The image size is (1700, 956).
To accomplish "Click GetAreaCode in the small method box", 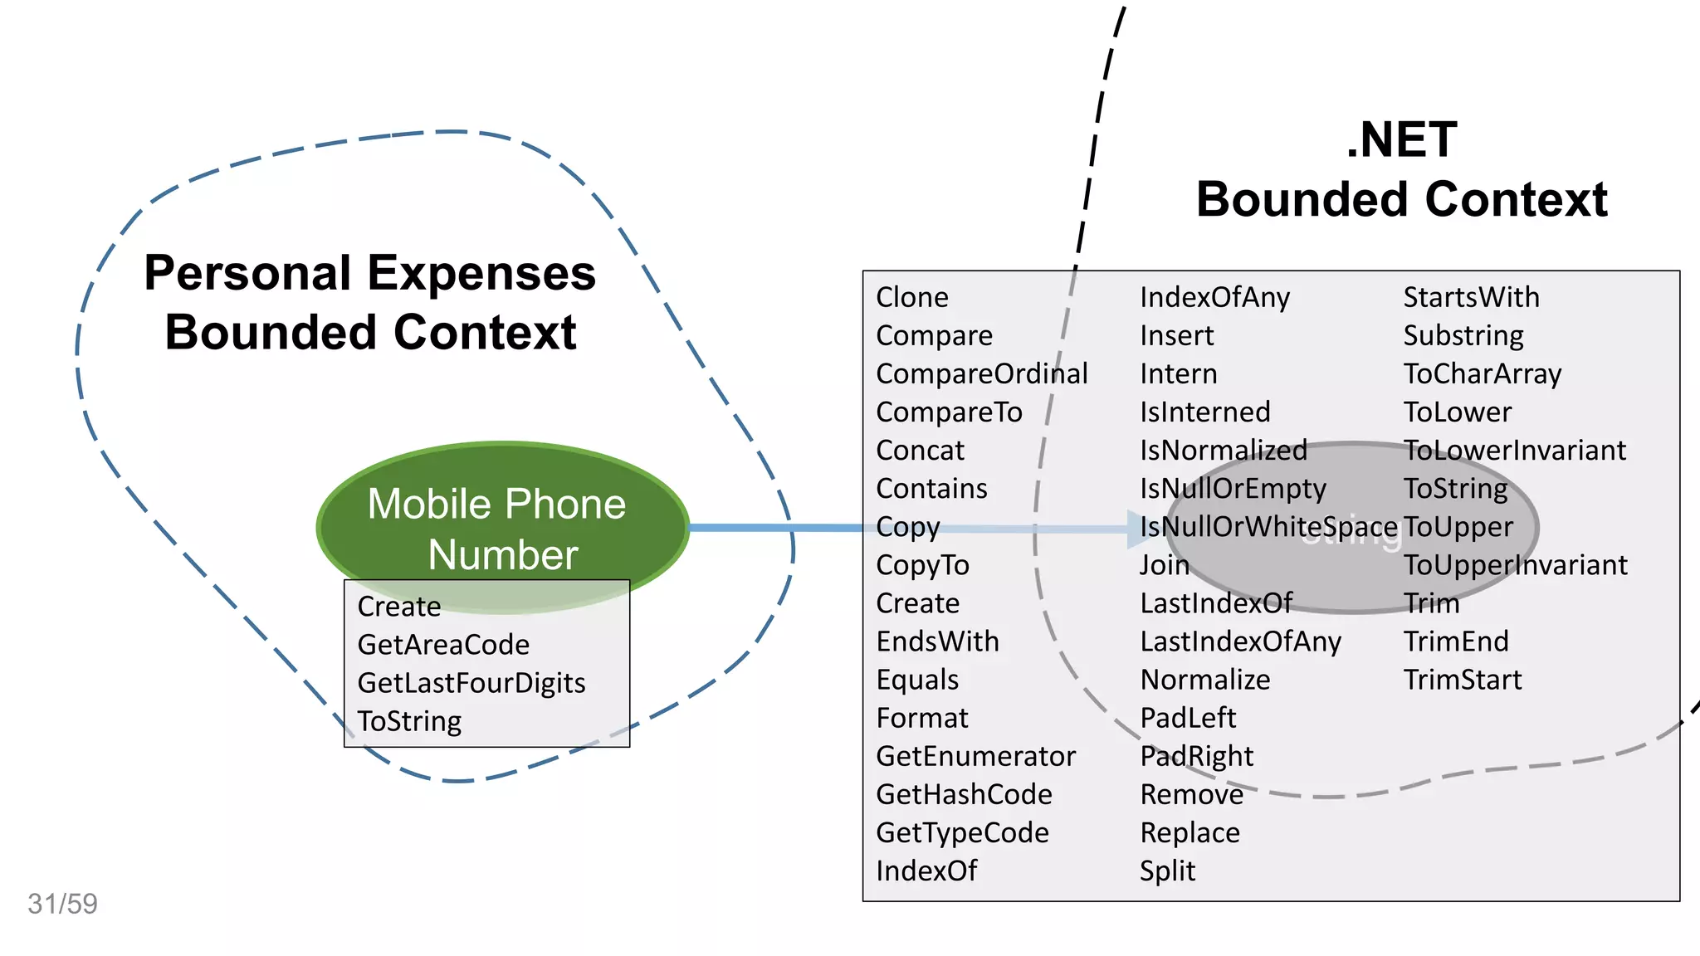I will coord(443,645).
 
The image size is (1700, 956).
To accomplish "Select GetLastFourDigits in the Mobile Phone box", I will coord(471,683).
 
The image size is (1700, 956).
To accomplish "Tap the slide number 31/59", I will coord(62,904).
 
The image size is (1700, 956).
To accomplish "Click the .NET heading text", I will coord(1401,139).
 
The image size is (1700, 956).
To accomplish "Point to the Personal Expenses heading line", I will coord(369,273).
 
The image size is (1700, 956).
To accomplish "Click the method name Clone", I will coord(911,297).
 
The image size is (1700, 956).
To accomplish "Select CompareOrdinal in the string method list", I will coord(981,373).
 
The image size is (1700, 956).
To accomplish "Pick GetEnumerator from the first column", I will coord(975,756).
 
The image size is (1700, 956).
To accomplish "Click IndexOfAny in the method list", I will coord(1214,297).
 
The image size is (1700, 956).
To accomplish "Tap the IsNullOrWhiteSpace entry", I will coord(1268,527).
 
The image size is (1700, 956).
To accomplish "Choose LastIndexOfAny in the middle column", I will coord(1240,641).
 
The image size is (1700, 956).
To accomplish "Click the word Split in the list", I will coord(1167,871).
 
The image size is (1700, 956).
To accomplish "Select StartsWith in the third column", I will coord(1471,297).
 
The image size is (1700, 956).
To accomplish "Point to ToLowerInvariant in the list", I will coord(1514,450).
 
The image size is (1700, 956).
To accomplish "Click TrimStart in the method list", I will coord(1462,680).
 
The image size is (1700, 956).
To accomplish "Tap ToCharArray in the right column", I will coord(1482,373).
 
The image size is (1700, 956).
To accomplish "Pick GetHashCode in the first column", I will coord(964,794).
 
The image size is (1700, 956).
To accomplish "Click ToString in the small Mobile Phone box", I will coord(409,721).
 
